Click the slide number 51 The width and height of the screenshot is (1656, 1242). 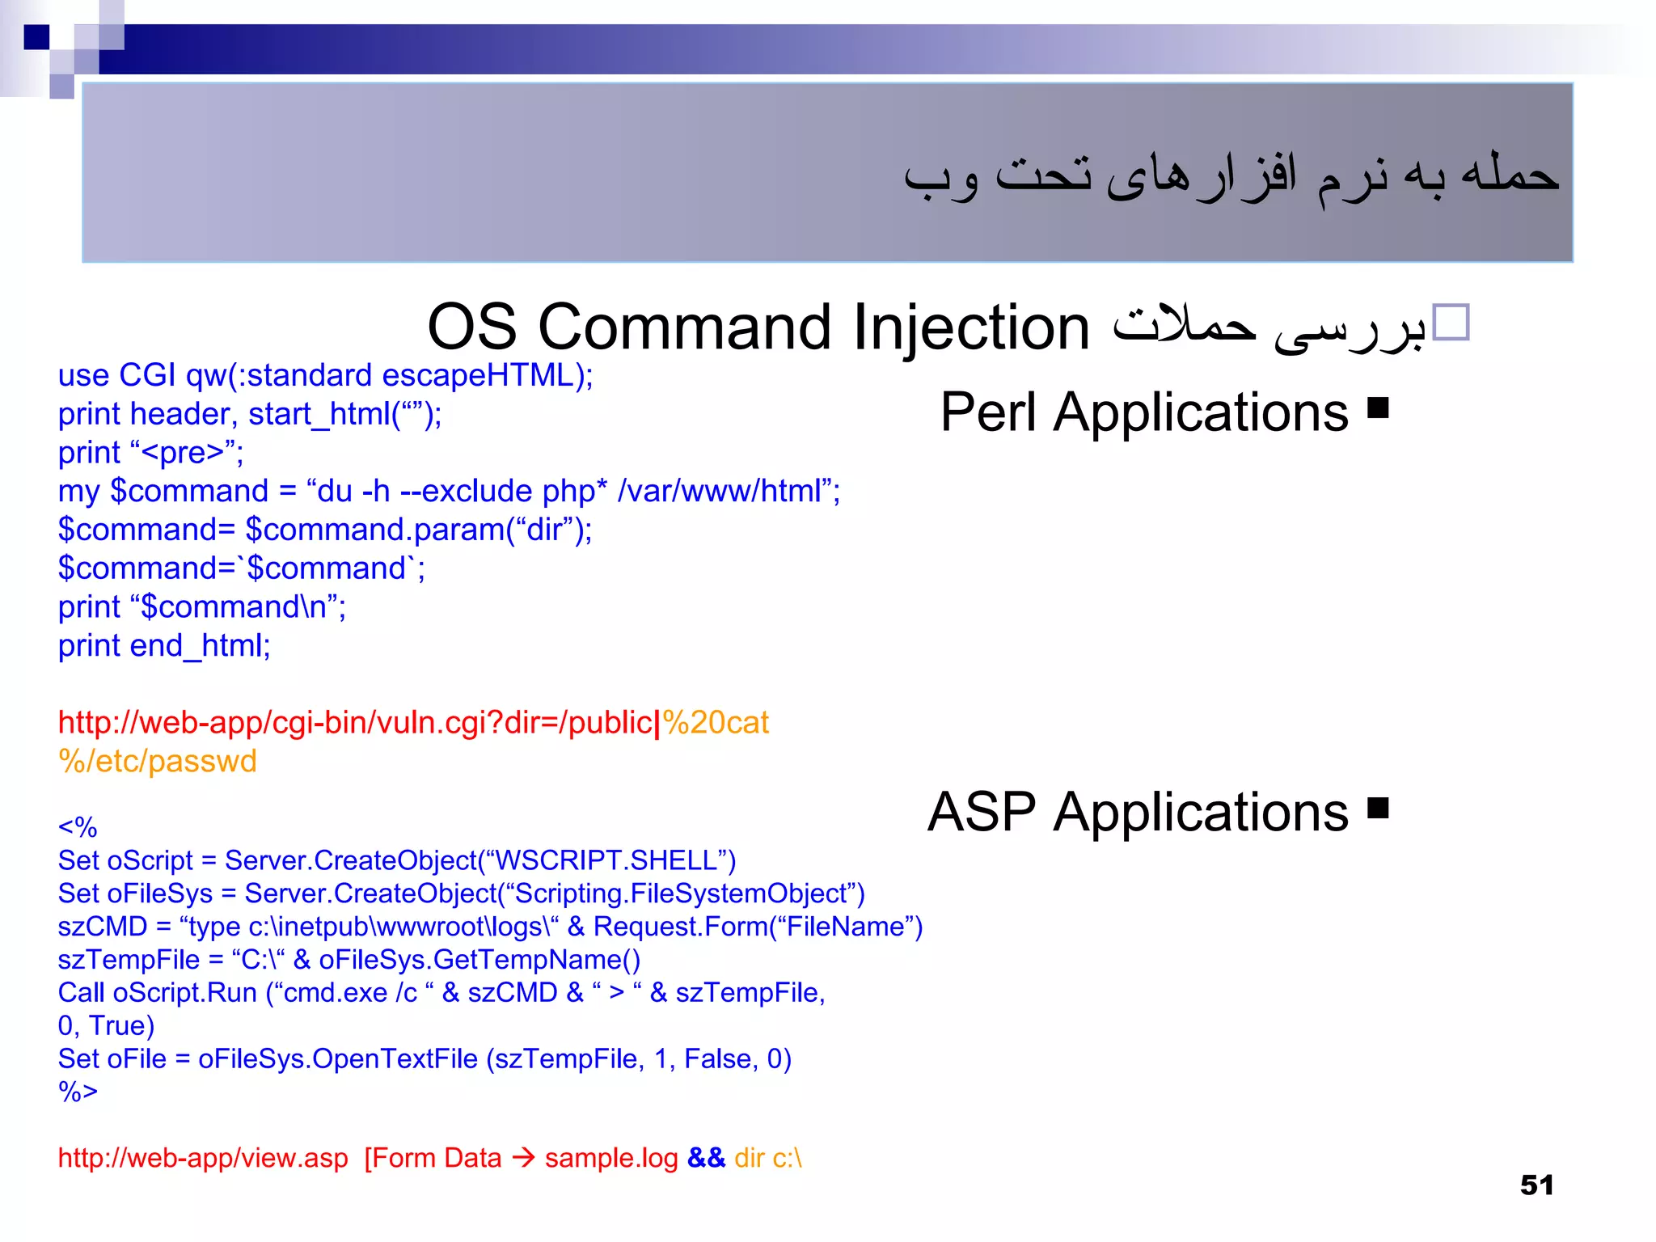pyautogui.click(x=1536, y=1185)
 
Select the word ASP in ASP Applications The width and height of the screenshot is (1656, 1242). pyautogui.click(x=981, y=812)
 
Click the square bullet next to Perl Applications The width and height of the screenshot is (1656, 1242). pyautogui.click(x=1378, y=408)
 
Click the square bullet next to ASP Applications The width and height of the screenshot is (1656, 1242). pyautogui.click(x=1378, y=808)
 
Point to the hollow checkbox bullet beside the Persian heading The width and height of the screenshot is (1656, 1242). pyautogui.click(x=1450, y=323)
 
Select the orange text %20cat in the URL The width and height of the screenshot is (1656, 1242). pyautogui.click(x=716, y=723)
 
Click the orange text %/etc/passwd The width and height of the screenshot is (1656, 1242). pyautogui.click(x=158, y=762)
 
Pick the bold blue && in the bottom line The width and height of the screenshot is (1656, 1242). pyautogui.click(x=706, y=1158)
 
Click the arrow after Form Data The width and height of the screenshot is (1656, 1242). pyautogui.click(x=523, y=1158)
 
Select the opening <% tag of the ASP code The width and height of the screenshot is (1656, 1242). pyautogui.click(x=78, y=827)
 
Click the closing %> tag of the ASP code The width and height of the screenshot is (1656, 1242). pyautogui.click(x=78, y=1092)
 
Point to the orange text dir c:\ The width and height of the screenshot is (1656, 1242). pyautogui.click(x=768, y=1158)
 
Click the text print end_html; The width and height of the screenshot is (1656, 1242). pyautogui.click(x=164, y=646)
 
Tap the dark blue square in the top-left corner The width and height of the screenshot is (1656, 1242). pyautogui.click(x=36, y=37)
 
